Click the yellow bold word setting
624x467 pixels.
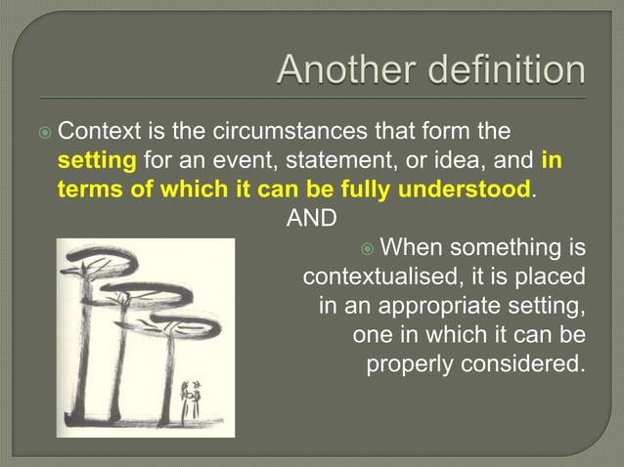tap(98, 159)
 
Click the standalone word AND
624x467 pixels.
tap(311, 217)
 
